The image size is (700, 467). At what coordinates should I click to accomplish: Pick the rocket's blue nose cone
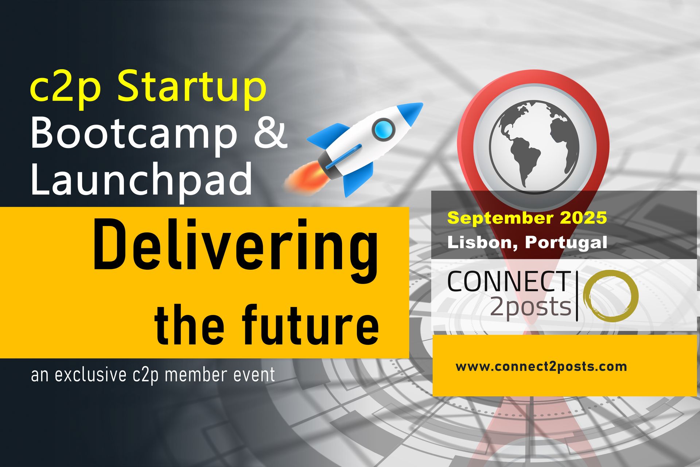pyautogui.click(x=410, y=113)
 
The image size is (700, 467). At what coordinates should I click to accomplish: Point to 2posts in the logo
pyautogui.click(x=531, y=306)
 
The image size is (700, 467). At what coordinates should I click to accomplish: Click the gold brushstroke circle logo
pyautogui.click(x=611, y=296)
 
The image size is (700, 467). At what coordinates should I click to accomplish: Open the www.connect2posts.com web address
pyautogui.click(x=541, y=366)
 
